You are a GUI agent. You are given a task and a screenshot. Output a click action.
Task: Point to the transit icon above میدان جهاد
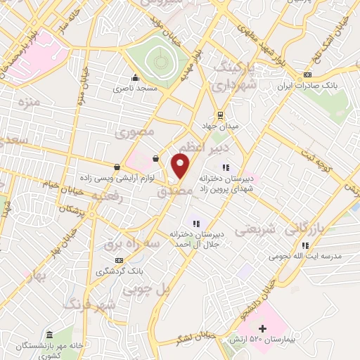[220, 115]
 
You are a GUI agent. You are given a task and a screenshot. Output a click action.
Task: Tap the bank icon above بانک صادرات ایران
[307, 75]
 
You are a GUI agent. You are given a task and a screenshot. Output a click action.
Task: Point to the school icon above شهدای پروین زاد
[226, 167]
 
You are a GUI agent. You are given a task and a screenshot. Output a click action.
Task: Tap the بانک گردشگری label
[120, 271]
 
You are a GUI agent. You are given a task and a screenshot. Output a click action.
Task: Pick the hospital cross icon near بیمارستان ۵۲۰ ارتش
[262, 328]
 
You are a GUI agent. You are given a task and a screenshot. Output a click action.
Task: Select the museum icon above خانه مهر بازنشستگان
[49, 335]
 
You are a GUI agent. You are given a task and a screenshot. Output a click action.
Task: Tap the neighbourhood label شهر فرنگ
[89, 305]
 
